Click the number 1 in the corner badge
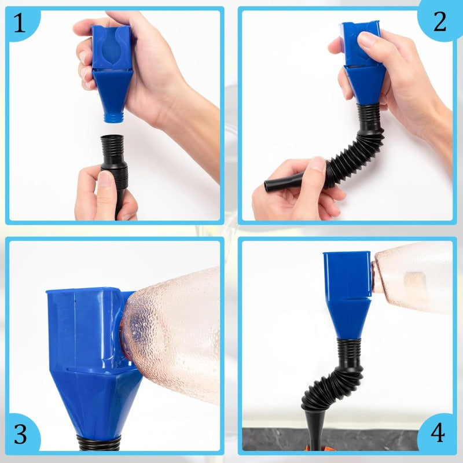pos(20,23)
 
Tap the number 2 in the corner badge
pos(440,22)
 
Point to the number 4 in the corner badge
pos(438,432)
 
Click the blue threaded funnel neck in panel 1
pos(113,117)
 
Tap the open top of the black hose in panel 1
pos(112,137)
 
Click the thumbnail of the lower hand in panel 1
pos(105,179)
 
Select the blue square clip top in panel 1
pos(111,47)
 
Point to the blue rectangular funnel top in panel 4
pos(347,274)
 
